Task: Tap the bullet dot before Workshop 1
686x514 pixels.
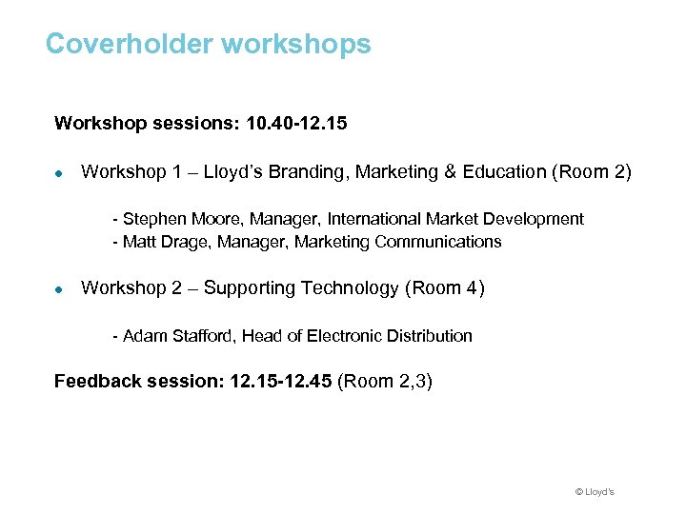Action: (x=59, y=173)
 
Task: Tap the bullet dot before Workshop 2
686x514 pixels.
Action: (x=59, y=289)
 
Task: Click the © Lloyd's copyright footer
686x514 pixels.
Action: (x=595, y=492)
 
